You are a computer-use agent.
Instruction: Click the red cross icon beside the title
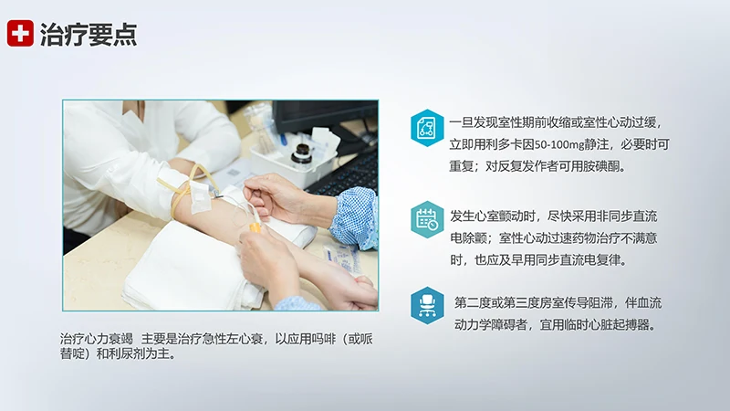(x=20, y=34)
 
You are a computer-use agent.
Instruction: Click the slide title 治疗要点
(x=89, y=35)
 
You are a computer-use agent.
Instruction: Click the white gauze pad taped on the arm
(x=198, y=194)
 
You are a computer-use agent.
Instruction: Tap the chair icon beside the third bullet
(x=426, y=303)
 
